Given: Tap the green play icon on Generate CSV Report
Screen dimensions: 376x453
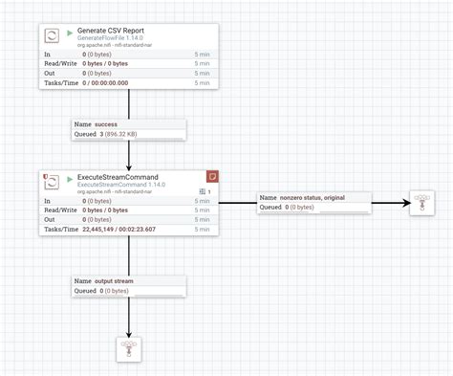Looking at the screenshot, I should coord(70,33).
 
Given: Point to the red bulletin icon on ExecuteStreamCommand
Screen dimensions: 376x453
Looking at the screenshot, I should coord(213,176).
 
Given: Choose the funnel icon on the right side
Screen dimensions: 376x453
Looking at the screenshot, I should coord(421,203).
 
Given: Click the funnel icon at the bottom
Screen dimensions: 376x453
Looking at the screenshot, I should coord(129,349).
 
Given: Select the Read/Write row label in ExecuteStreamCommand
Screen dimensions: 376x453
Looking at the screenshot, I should coord(61,210).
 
